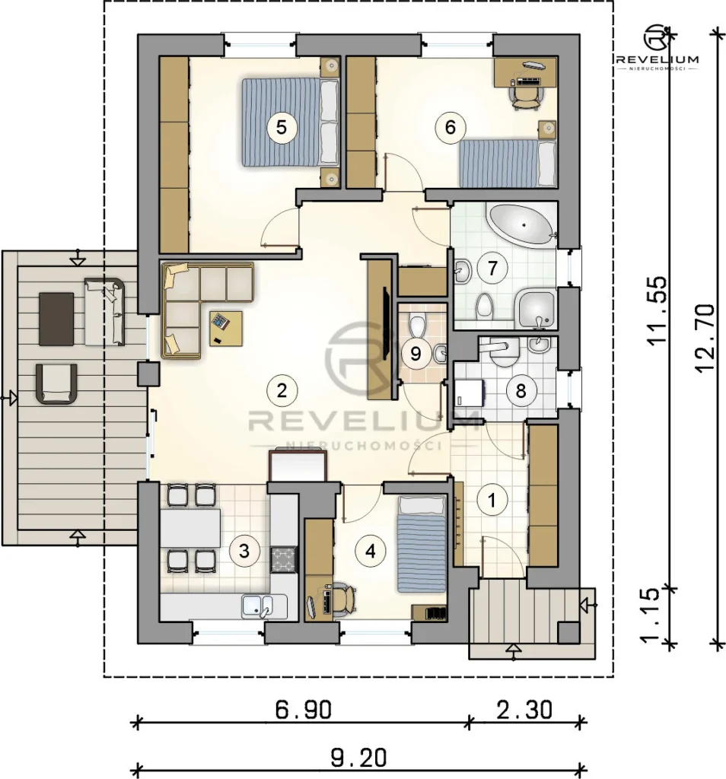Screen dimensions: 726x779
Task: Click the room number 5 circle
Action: pyautogui.click(x=282, y=127)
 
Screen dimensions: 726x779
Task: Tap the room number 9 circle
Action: pyautogui.click(x=416, y=354)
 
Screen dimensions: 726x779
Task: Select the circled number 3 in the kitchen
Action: pyautogui.click(x=244, y=551)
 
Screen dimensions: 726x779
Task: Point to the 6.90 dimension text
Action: pyautogui.click(x=303, y=710)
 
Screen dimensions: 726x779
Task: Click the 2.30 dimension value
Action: pyautogui.click(x=524, y=710)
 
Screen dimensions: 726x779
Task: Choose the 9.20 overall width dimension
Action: pyautogui.click(x=358, y=758)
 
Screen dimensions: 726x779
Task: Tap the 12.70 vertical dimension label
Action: pyautogui.click(x=705, y=337)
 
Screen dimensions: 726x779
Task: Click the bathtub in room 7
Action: pyautogui.click(x=522, y=225)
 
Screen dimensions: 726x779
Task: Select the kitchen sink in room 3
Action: pyautogui.click(x=257, y=606)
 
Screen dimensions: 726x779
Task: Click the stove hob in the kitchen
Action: pyautogui.click(x=283, y=559)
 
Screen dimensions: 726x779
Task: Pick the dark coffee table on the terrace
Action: pyautogui.click(x=56, y=319)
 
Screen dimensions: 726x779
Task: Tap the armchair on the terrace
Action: pyautogui.click(x=56, y=384)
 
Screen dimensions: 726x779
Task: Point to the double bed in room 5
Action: pyautogui.click(x=290, y=122)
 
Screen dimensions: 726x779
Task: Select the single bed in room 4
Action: pyautogui.click(x=422, y=544)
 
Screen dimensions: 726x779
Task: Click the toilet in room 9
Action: pyautogui.click(x=418, y=325)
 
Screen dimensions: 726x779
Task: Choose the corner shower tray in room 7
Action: pyautogui.click(x=537, y=310)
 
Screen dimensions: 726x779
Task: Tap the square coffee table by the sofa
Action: pyautogui.click(x=225, y=329)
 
